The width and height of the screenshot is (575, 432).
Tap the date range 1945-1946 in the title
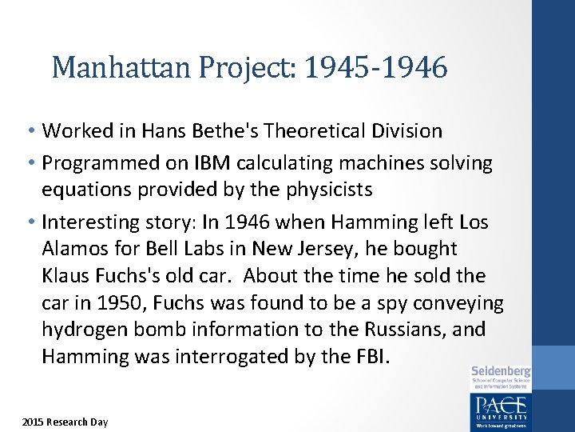(382, 68)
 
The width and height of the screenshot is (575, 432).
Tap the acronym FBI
(369, 357)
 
